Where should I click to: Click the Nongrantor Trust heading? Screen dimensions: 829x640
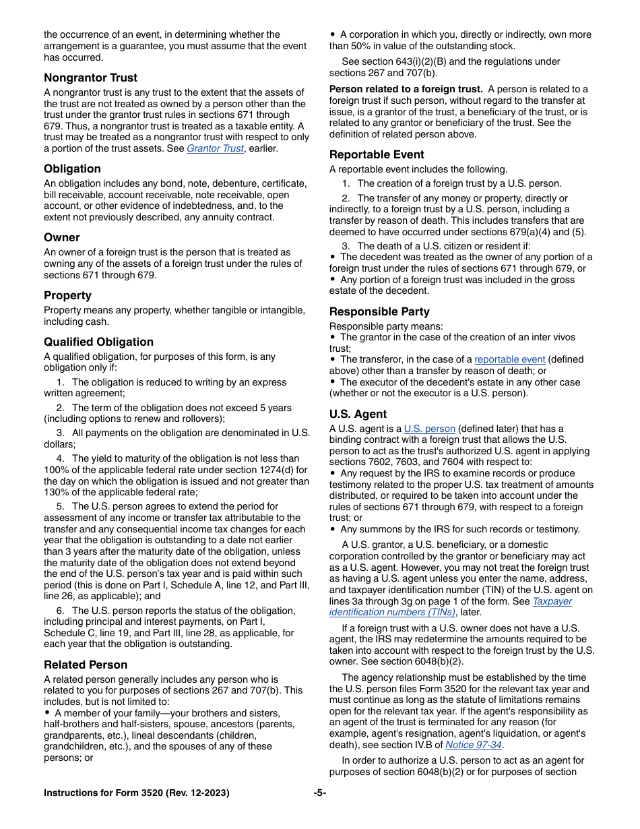[90, 78]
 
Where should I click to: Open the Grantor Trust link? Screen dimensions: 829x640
[214, 148]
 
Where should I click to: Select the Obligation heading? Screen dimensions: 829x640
[72, 168]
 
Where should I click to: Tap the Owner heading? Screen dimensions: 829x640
[62, 237]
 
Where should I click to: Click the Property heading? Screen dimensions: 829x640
[67, 295]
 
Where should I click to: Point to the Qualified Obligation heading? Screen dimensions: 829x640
[98, 342]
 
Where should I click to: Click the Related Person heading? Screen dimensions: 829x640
[86, 665]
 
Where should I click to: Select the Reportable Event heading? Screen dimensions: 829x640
[377, 154]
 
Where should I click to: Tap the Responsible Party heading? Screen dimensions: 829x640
[379, 311]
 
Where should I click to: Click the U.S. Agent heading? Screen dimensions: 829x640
[358, 414]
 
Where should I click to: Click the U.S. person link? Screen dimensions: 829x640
[430, 429]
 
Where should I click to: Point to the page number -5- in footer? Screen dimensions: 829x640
[320, 793]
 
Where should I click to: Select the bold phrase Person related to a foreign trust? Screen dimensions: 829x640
[406, 89]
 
